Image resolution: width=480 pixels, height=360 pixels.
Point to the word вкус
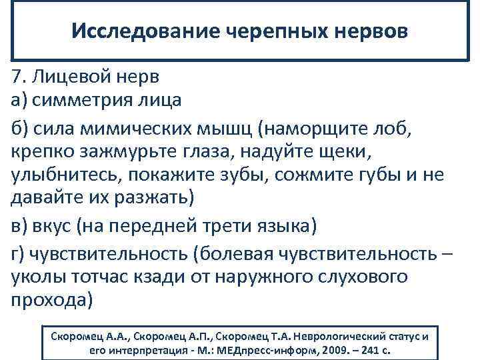click(51, 227)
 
